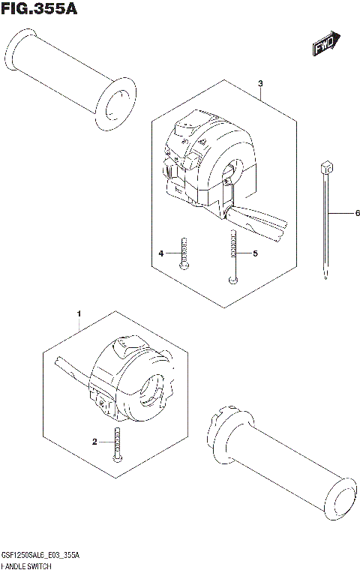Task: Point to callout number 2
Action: (95, 442)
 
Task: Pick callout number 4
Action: (160, 254)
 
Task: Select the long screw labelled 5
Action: (233, 255)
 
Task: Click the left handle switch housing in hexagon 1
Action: (131, 379)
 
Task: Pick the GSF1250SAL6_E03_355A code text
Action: (46, 553)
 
